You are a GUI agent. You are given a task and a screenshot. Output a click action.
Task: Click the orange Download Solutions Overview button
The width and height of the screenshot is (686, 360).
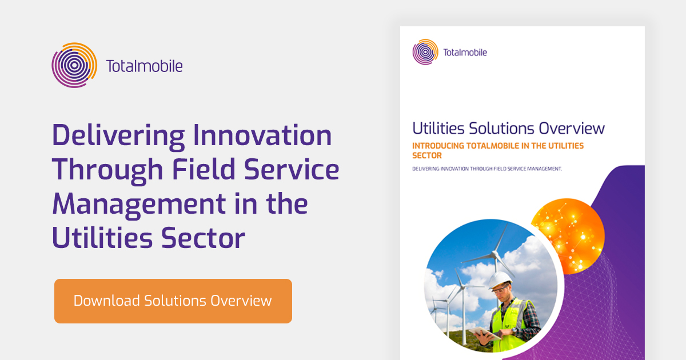tap(173, 301)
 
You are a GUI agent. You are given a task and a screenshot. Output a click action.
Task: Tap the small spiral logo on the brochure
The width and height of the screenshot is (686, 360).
tap(425, 52)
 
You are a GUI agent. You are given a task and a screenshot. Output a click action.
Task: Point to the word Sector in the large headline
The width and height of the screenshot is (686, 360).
tap(206, 238)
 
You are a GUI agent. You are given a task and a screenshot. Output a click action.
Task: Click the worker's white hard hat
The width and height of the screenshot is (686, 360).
tap(502, 279)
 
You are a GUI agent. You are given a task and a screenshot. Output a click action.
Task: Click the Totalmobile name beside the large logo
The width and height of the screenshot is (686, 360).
tap(144, 66)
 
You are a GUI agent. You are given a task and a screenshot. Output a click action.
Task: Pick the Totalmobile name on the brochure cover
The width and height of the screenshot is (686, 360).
tap(465, 53)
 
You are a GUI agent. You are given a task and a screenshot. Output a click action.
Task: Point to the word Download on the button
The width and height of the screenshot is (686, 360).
tap(106, 301)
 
